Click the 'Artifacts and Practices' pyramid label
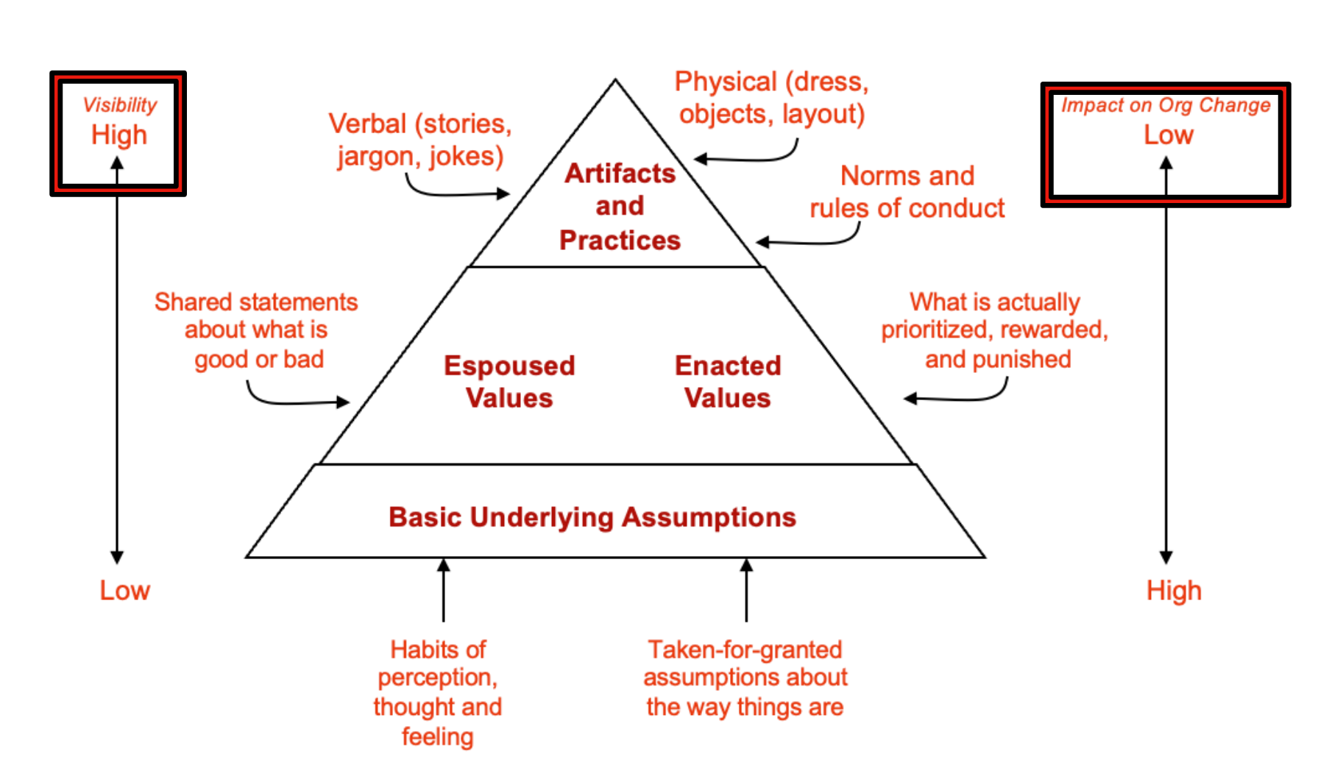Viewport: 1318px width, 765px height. (x=620, y=206)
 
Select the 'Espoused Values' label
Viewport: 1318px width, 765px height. (x=509, y=382)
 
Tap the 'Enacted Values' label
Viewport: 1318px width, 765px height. (x=728, y=382)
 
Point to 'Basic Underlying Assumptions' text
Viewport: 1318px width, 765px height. (x=592, y=517)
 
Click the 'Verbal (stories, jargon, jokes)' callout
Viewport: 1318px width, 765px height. (x=420, y=140)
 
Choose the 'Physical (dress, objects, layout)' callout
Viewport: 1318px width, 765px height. (x=771, y=98)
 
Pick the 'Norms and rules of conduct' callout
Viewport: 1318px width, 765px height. (x=907, y=192)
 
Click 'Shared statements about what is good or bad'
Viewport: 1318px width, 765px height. (x=256, y=330)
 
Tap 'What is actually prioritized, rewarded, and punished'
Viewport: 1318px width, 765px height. (x=995, y=330)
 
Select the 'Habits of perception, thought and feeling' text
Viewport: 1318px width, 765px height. (x=438, y=692)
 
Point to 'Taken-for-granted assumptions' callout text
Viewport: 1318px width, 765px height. (x=745, y=677)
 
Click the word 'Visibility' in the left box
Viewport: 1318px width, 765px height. (x=120, y=104)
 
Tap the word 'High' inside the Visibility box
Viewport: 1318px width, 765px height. (x=119, y=135)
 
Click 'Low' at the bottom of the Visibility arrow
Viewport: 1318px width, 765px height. (x=125, y=590)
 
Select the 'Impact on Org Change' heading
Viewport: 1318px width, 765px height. (x=1166, y=105)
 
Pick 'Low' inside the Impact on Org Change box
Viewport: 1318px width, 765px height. (x=1169, y=135)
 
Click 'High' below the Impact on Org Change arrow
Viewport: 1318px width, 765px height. (x=1174, y=590)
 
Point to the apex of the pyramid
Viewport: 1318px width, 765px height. (x=615, y=80)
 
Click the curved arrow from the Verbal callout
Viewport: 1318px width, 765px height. (x=449, y=193)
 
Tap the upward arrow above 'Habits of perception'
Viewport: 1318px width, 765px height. (x=443, y=588)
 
